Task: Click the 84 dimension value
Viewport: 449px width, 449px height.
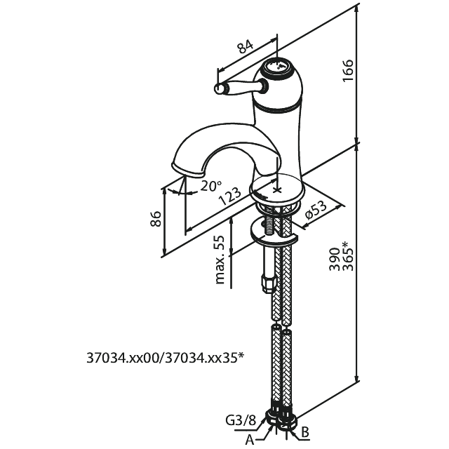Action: click(x=245, y=48)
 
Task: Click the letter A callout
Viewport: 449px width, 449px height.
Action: click(x=249, y=440)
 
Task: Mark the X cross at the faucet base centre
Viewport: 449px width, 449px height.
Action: click(x=278, y=188)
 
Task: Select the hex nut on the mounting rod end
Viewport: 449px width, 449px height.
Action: click(x=267, y=282)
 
